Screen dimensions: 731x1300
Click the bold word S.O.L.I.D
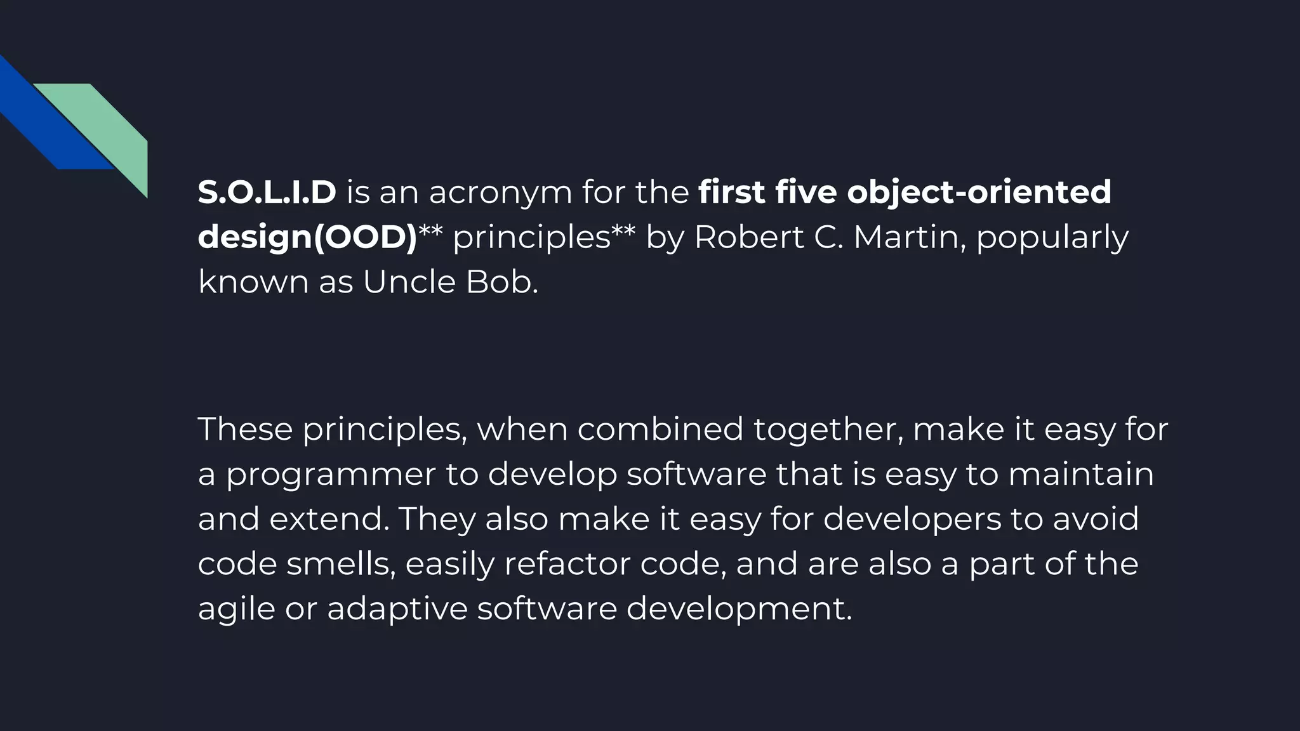point(267,192)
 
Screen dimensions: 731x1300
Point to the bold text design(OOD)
point(307,238)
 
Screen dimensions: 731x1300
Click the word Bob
point(501,282)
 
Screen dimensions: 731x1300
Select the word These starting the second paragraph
point(245,429)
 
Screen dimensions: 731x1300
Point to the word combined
point(660,429)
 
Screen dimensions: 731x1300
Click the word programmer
point(331,475)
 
